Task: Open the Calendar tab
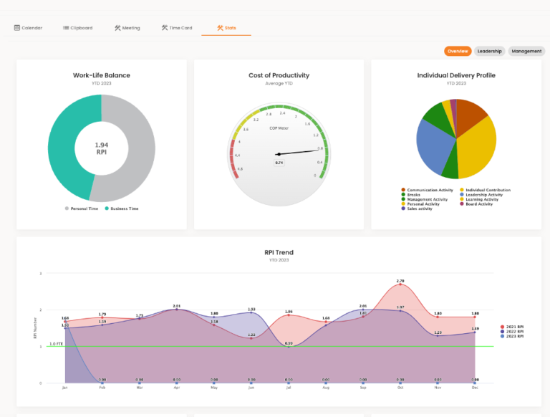click(x=28, y=28)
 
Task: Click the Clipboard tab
click(x=77, y=28)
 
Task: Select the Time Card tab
click(x=177, y=28)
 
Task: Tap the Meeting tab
click(x=127, y=28)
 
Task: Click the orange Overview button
click(x=458, y=52)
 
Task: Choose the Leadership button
click(x=490, y=52)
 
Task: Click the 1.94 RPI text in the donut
click(x=101, y=148)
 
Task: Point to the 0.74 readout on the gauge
click(x=279, y=163)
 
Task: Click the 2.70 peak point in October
click(x=400, y=284)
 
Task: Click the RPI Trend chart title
click(x=279, y=252)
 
